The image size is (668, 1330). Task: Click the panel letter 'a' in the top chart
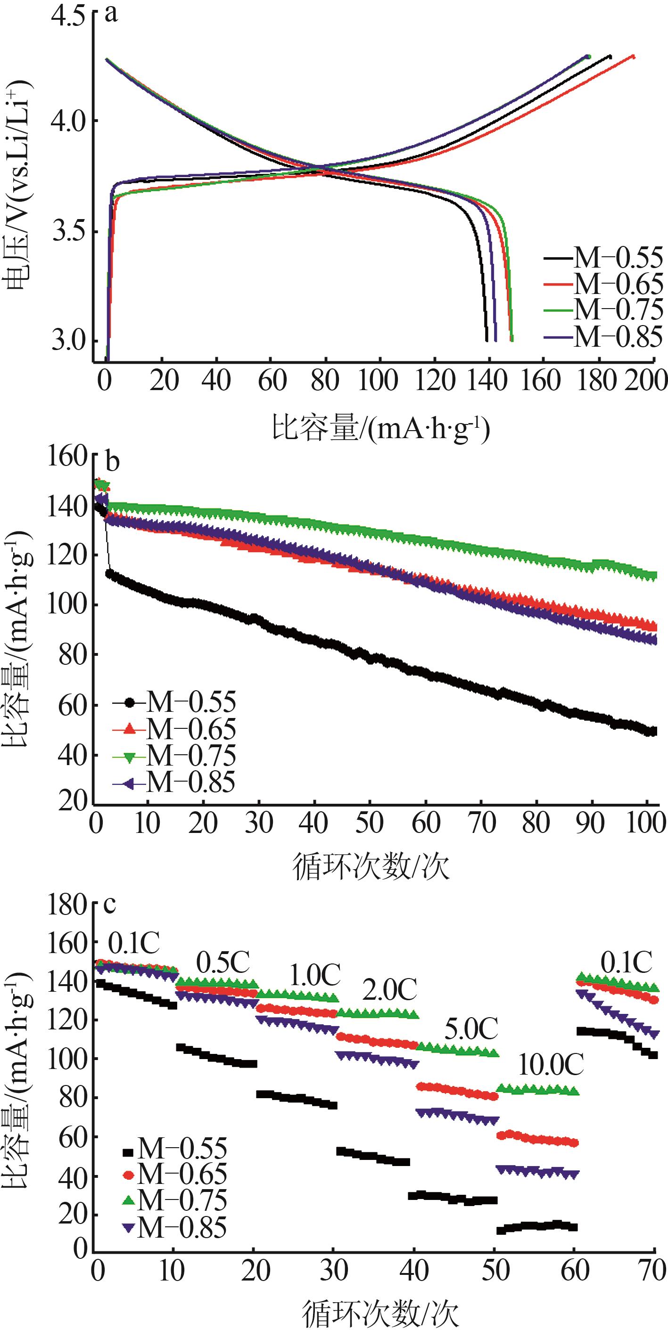111,15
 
